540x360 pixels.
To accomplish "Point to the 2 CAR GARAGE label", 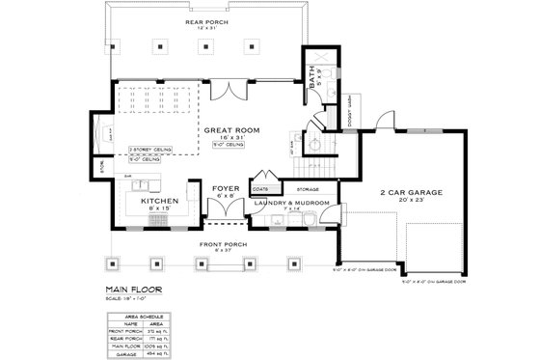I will (x=411, y=192).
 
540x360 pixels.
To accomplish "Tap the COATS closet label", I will (x=260, y=188).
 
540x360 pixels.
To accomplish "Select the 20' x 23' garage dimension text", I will (x=411, y=201).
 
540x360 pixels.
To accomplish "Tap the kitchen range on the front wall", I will (x=156, y=221).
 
